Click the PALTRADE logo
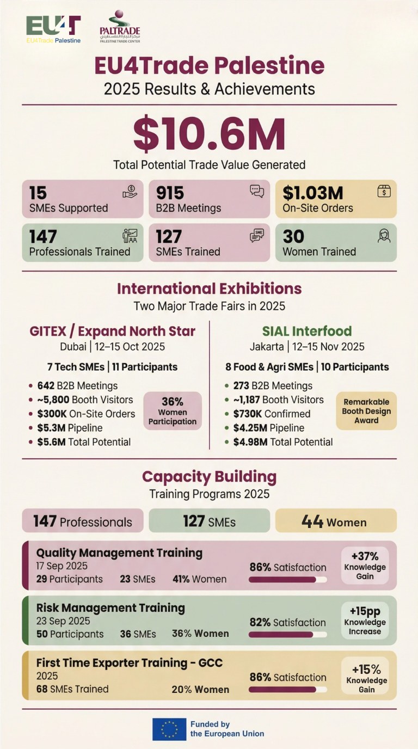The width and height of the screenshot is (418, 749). pos(120,26)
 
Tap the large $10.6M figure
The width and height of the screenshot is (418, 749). pos(209,134)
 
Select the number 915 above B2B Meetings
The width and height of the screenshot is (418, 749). pos(170,193)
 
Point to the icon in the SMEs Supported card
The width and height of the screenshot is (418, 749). pos(130,192)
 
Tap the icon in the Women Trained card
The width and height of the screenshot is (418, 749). pos(384,236)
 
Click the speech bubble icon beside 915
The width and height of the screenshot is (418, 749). pos(256,191)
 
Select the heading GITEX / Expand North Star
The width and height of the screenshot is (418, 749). pos(112,331)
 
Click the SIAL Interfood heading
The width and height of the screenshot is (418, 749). pos(307,331)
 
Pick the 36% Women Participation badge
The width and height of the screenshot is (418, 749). pos(172,411)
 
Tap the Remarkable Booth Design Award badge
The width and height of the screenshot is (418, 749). pos(366,411)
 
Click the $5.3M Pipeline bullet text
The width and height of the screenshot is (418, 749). pos(70,428)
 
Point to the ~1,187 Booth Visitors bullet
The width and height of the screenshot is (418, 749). pos(279,400)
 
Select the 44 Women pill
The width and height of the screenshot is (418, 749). pos(336,521)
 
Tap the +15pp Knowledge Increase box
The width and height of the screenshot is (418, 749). pos(365,621)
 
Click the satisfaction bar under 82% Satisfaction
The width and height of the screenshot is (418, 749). pos(287,635)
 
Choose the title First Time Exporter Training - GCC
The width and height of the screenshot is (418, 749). pos(130,663)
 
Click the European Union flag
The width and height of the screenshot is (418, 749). pos(169,729)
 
